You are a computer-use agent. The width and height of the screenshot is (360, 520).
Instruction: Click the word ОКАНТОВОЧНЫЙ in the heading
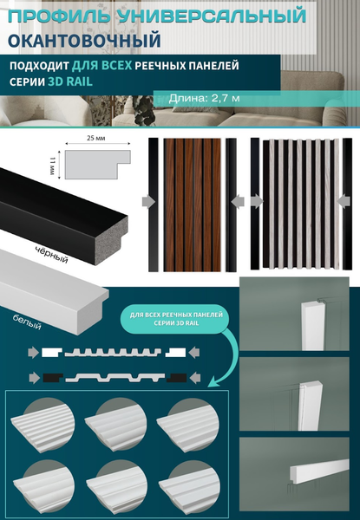[84, 40]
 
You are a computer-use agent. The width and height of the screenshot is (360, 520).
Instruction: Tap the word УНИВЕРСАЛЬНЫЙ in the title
[212, 16]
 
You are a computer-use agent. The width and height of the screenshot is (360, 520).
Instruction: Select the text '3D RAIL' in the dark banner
[70, 81]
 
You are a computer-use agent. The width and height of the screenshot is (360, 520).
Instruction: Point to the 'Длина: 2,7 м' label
[204, 98]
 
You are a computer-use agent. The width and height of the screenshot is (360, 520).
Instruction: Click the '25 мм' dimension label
[96, 138]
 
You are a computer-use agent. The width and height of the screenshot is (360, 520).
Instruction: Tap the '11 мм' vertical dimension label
[51, 166]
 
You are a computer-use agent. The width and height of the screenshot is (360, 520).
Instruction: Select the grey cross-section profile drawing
[97, 165]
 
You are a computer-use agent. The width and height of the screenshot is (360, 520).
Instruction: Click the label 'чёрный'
[51, 255]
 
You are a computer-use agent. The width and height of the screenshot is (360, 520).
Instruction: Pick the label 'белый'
[27, 322]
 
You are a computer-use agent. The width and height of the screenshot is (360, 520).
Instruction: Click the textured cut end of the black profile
[112, 240]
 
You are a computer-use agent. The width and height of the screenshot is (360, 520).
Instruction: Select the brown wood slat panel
[192, 205]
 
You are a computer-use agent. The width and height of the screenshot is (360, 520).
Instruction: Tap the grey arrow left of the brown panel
[148, 202]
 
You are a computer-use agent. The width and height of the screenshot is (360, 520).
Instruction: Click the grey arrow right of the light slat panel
[344, 201]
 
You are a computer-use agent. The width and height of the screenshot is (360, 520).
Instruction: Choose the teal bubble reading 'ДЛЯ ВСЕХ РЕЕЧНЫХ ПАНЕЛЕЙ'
[176, 319]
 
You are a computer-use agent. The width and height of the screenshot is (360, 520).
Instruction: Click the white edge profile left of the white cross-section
[52, 352]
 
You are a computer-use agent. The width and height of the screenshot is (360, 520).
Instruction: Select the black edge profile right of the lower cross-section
[176, 378]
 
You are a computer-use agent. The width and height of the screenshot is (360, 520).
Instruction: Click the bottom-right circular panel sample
[189, 487]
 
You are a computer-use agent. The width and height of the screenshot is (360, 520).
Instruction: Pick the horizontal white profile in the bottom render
[319, 469]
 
